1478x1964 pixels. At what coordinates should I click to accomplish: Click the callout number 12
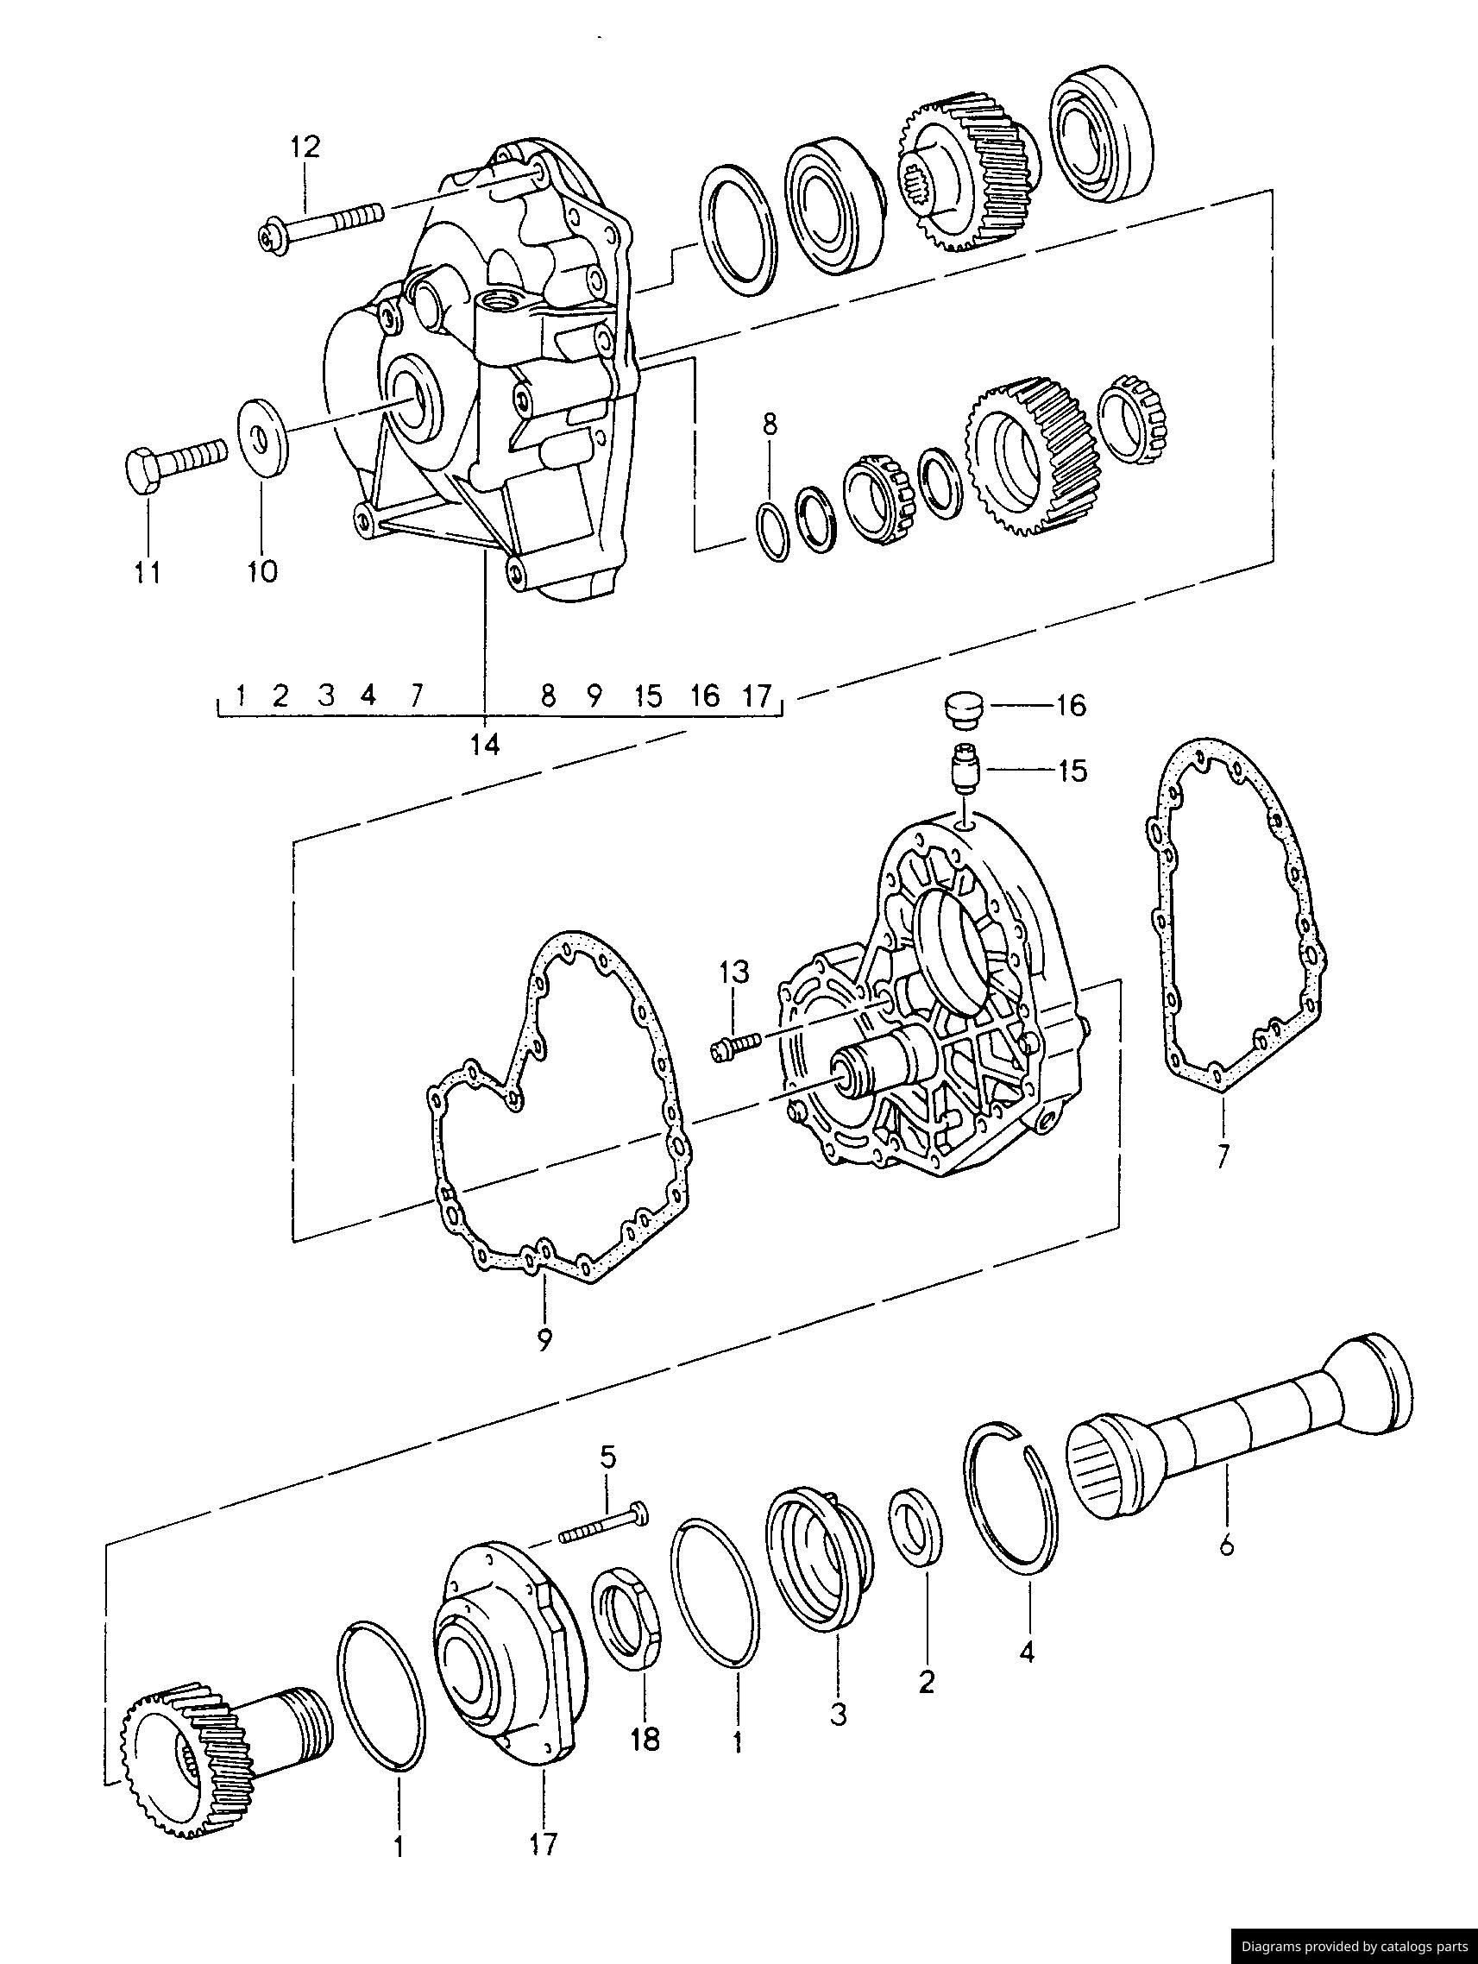pos(304,147)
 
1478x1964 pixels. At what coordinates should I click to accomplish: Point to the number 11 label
pos(147,573)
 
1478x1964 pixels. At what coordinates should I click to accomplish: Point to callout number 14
pos(486,744)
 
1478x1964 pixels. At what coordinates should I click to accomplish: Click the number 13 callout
pos(734,972)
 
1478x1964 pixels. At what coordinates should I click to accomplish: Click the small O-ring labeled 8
pos(772,532)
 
